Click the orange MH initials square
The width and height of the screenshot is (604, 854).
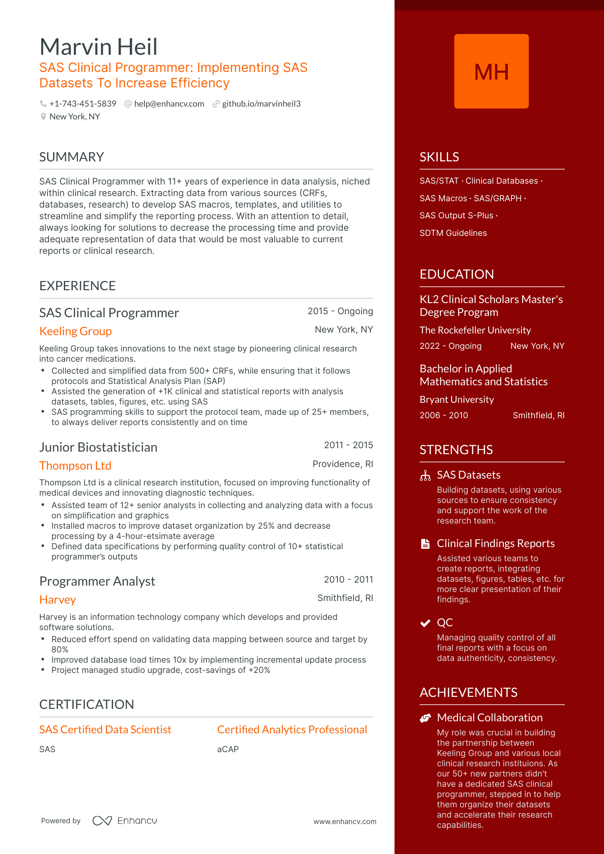[491, 71]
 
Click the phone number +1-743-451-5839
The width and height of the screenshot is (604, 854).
[83, 104]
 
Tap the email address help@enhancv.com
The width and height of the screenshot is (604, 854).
[169, 104]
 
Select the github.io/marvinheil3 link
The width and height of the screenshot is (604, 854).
[261, 104]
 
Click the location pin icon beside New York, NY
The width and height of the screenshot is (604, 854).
[43, 117]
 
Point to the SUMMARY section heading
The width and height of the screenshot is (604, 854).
[72, 157]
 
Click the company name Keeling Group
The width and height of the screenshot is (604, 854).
[75, 331]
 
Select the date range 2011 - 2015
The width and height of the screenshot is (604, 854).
[348, 445]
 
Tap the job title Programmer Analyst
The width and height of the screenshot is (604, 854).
[97, 581]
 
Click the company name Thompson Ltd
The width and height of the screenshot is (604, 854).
[75, 466]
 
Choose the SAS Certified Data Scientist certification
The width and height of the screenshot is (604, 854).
[105, 730]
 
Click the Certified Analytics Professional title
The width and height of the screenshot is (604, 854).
[292, 730]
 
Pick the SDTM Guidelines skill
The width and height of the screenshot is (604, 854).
[453, 233]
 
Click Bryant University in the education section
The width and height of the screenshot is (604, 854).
[457, 400]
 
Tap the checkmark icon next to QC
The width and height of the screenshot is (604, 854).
[425, 623]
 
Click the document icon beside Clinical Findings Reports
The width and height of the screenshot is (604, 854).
[425, 544]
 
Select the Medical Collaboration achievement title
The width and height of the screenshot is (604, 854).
[490, 718]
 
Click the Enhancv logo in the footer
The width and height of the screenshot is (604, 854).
[125, 821]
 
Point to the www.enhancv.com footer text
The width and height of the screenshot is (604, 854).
[345, 822]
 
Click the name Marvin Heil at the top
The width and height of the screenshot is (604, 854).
[99, 47]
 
